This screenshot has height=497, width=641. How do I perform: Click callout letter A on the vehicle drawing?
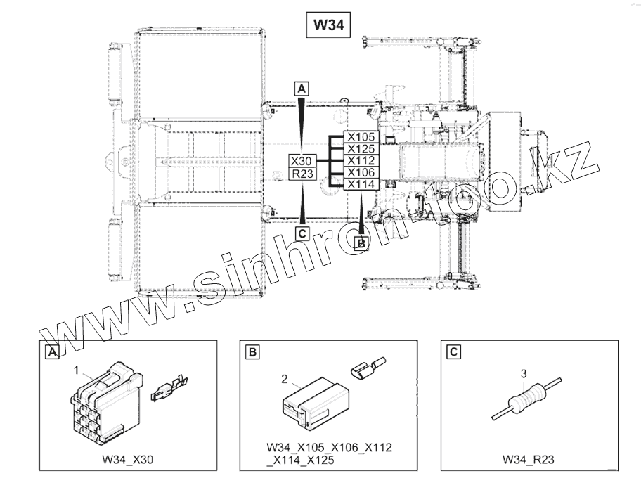coord(302,89)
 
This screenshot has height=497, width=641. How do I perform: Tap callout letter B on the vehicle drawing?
coord(361,243)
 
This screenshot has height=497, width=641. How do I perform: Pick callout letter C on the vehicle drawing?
coord(302,233)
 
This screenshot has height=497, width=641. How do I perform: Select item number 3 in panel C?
coord(523,373)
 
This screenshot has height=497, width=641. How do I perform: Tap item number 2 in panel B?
coord(284,379)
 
